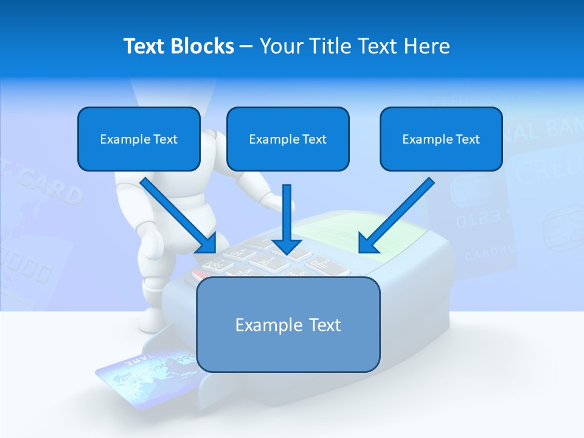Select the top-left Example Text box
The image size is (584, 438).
coord(139,139)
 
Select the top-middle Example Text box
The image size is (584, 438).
coord(288,139)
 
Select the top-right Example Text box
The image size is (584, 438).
coord(441,139)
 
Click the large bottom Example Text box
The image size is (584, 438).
coord(288,324)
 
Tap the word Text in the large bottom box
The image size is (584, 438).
coord(324,325)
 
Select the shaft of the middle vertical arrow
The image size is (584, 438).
coord(287,210)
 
